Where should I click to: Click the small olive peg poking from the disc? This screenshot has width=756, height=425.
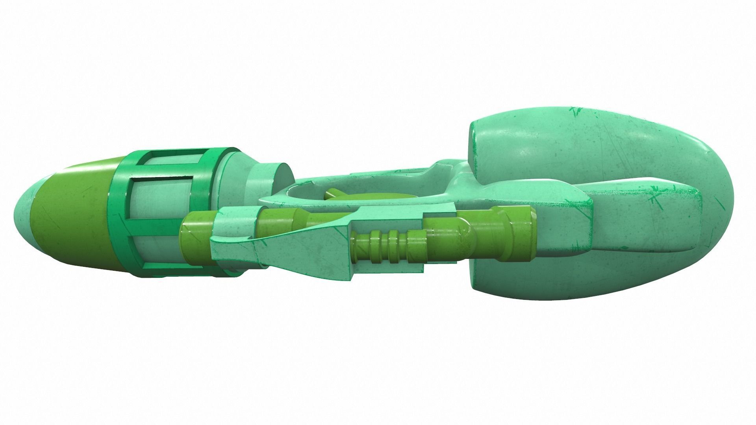point(335,194)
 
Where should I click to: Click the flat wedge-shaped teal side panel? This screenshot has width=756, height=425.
point(315,252)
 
